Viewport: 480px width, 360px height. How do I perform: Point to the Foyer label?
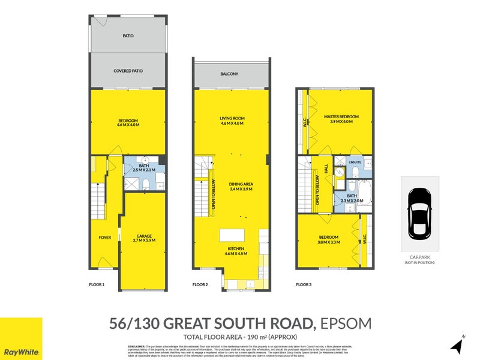[105, 238]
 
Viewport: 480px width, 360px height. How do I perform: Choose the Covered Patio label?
[128, 71]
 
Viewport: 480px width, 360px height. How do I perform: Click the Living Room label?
[231, 119]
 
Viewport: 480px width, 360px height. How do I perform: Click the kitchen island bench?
[231, 235]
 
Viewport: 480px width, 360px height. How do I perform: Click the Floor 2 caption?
[200, 284]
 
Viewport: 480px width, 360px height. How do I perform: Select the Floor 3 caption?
[304, 284]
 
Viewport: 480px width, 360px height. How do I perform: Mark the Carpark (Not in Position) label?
[419, 260]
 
